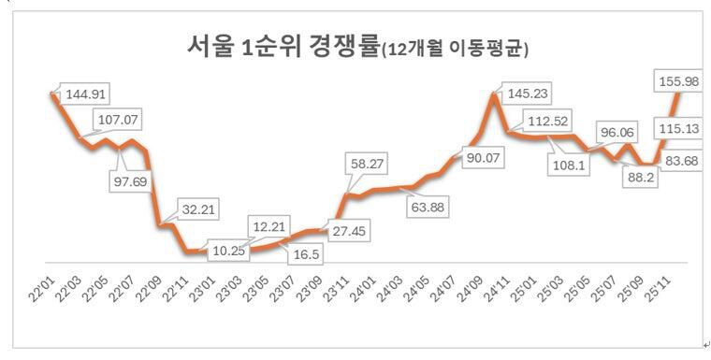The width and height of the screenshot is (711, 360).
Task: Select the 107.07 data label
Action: [x=117, y=121]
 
